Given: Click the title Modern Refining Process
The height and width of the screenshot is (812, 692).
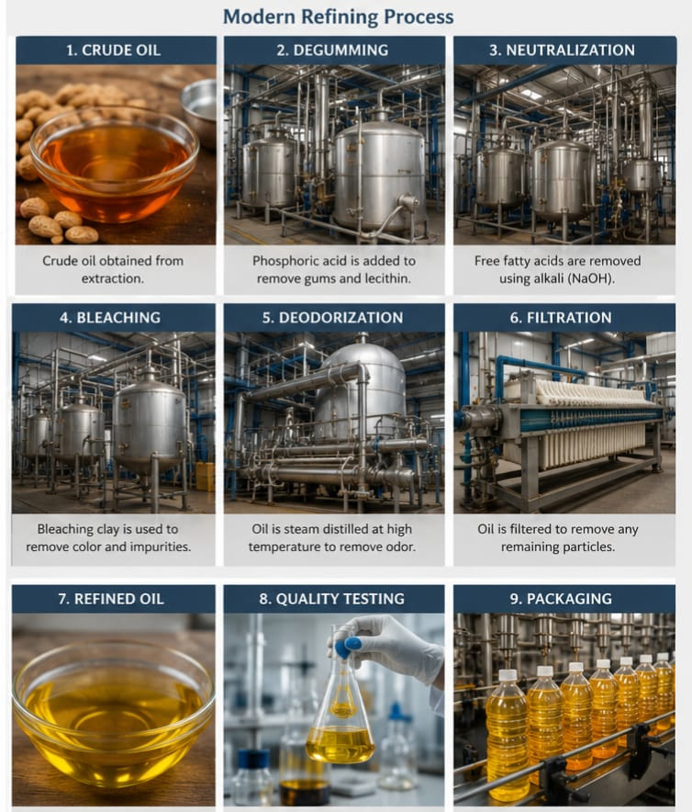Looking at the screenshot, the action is click(x=338, y=17).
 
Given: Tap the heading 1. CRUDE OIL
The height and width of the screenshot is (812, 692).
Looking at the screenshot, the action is click(x=114, y=51).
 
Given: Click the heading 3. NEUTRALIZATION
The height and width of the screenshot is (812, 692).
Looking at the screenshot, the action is click(x=562, y=51).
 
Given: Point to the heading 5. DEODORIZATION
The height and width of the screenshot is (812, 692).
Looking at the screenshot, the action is click(x=332, y=318).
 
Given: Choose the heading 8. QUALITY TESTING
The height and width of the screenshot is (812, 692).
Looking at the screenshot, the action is click(x=331, y=599).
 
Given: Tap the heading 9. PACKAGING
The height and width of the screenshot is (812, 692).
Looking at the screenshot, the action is click(x=561, y=599).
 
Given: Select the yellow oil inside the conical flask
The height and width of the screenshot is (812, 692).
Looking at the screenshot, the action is click(x=340, y=743).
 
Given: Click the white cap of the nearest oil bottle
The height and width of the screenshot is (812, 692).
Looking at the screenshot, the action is click(x=508, y=675).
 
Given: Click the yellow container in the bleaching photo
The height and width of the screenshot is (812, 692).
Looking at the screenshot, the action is click(x=206, y=477).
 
